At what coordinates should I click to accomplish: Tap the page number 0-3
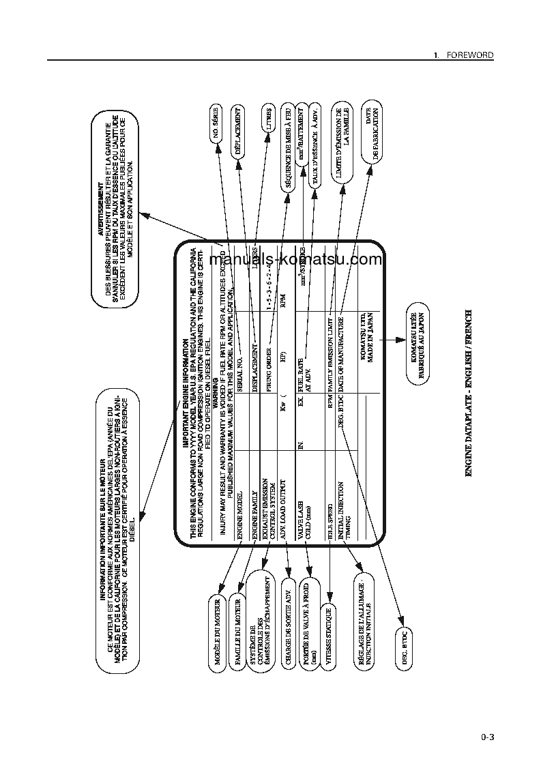tap(486, 737)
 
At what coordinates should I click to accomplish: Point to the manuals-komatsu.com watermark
tap(296, 260)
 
